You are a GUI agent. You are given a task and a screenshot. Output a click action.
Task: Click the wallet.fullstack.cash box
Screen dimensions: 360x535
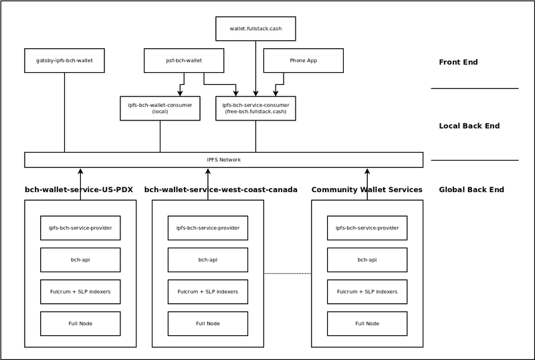coord(255,29)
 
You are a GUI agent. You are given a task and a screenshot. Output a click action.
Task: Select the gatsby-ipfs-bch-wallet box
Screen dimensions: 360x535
coord(64,60)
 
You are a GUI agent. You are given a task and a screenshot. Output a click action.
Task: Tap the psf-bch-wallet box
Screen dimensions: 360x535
coord(184,60)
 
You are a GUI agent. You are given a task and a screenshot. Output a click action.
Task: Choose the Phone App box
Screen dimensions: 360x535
coord(303,60)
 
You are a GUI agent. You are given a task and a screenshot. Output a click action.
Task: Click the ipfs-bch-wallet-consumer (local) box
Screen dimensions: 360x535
coord(160,108)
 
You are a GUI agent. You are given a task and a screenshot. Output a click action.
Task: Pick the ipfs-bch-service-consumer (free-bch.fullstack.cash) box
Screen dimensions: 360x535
coord(255,108)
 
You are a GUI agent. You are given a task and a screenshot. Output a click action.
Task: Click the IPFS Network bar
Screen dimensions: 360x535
coord(223,160)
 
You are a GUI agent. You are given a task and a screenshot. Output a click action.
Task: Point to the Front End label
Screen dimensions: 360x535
coord(458,62)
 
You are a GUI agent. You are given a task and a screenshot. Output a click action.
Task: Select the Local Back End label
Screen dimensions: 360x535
coord(469,126)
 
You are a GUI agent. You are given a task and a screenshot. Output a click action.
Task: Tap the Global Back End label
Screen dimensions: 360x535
coord(471,190)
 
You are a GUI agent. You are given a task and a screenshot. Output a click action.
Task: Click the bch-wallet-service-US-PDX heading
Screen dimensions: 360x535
coord(79,190)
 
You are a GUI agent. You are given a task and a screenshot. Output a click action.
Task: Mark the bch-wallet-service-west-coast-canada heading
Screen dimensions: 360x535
coord(221,190)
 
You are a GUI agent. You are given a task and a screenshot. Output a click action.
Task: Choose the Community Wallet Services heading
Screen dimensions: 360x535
coord(366,190)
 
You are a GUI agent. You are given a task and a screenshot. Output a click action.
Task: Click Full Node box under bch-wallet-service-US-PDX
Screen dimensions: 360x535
coord(80,324)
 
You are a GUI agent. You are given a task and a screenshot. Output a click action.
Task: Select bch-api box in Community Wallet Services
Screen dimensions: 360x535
coord(367,260)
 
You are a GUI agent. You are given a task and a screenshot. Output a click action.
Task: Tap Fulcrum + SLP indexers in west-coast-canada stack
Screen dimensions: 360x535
coord(207,292)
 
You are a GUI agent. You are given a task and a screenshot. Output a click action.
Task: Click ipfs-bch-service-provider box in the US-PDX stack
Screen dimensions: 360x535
coord(80,228)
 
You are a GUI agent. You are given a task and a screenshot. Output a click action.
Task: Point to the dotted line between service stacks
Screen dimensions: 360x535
coord(288,273)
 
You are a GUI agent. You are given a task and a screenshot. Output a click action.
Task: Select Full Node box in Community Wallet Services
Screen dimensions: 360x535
coord(367,324)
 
